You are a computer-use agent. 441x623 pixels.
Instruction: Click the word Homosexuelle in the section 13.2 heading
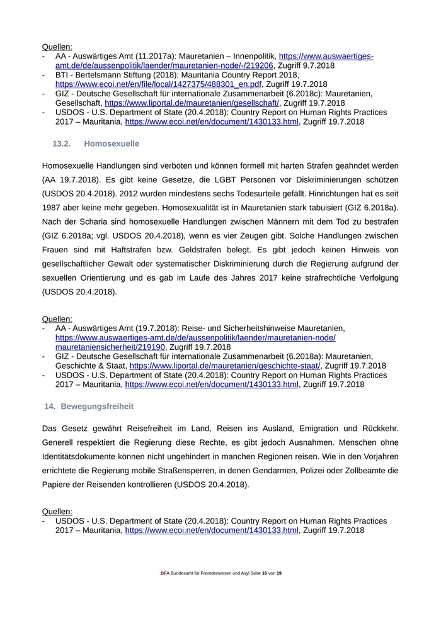coord(112,143)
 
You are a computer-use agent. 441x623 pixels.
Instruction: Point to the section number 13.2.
coord(61,143)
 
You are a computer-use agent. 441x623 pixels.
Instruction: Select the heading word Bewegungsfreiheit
coord(97,407)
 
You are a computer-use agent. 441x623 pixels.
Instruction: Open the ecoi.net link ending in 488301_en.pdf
coord(158,84)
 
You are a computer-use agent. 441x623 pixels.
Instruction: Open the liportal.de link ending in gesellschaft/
coord(192,103)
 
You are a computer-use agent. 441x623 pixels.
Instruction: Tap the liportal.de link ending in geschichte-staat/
coord(225,365)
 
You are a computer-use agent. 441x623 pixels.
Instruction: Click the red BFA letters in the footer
coord(165,573)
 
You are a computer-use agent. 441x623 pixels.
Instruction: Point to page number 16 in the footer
coord(264,573)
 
